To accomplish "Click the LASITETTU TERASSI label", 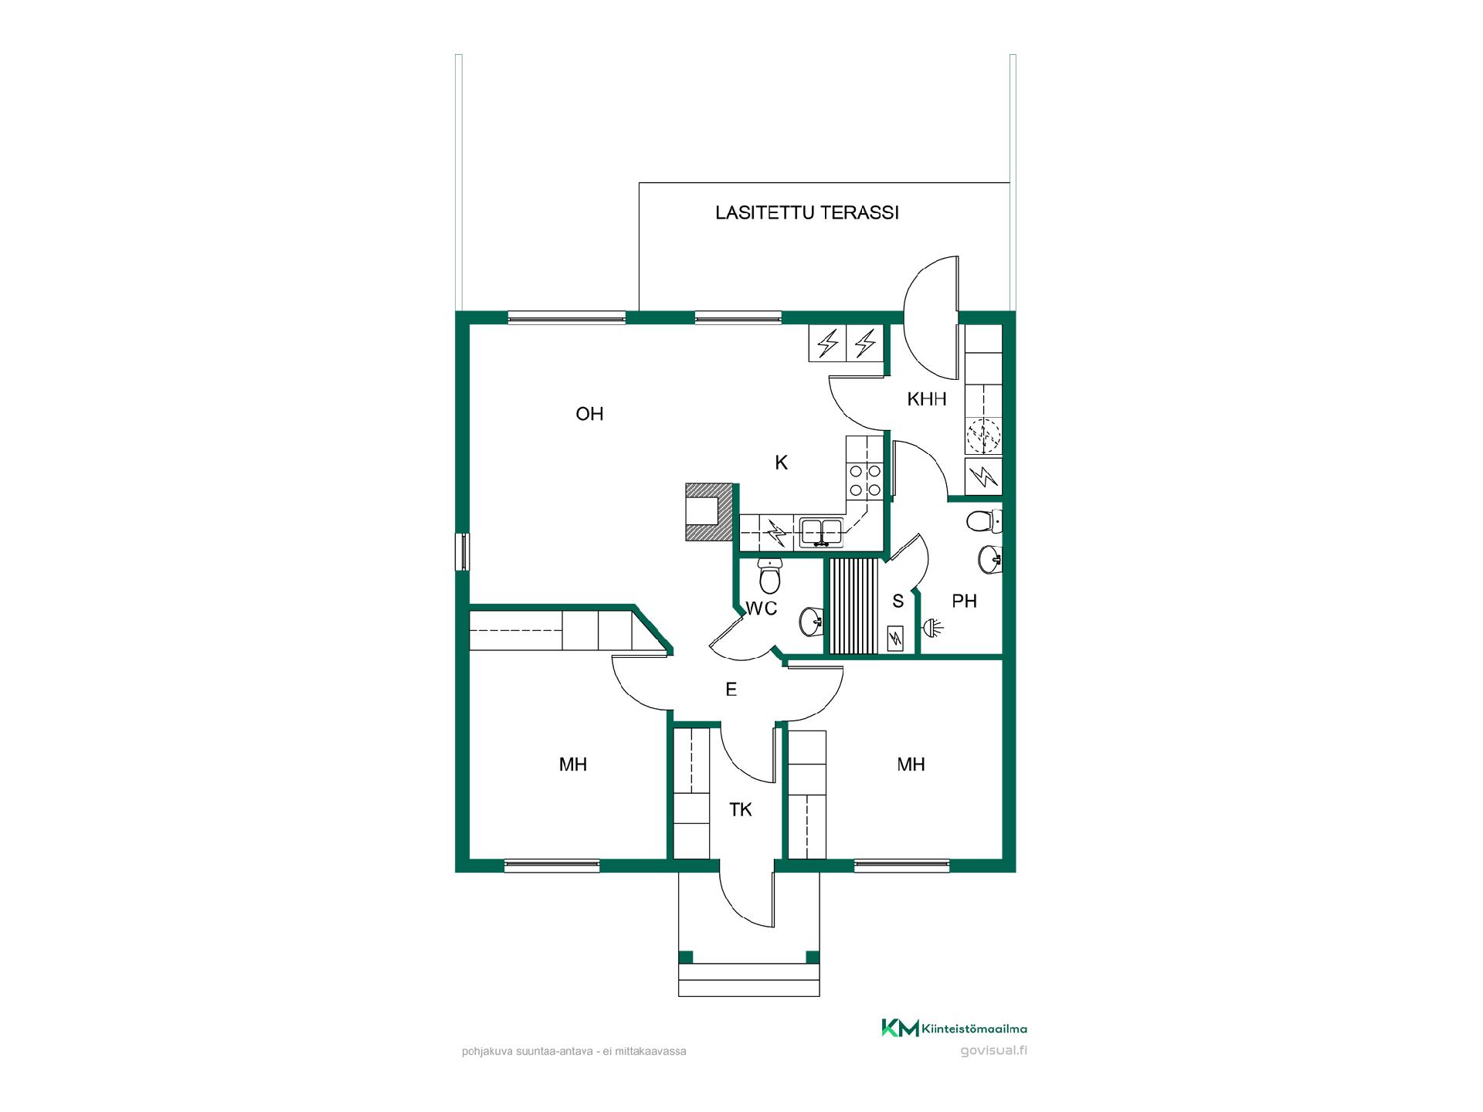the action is pos(807,213).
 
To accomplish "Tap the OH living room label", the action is pos(589,414).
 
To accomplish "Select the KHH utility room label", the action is pos(927,399).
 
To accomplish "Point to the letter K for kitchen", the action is pos(782,463).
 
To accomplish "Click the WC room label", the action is pos(761,609).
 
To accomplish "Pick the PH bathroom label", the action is pos(965,601).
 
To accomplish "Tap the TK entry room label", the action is pos(741,809).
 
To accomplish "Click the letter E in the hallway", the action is pos(731,690).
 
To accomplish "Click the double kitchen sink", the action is pos(821,531).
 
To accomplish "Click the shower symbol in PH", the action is pos(934,628).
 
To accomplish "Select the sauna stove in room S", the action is pos(896,638).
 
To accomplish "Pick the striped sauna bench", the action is pos(853,606).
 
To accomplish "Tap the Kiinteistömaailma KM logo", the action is pos(955,1029).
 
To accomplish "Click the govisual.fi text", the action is pos(994,1050).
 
